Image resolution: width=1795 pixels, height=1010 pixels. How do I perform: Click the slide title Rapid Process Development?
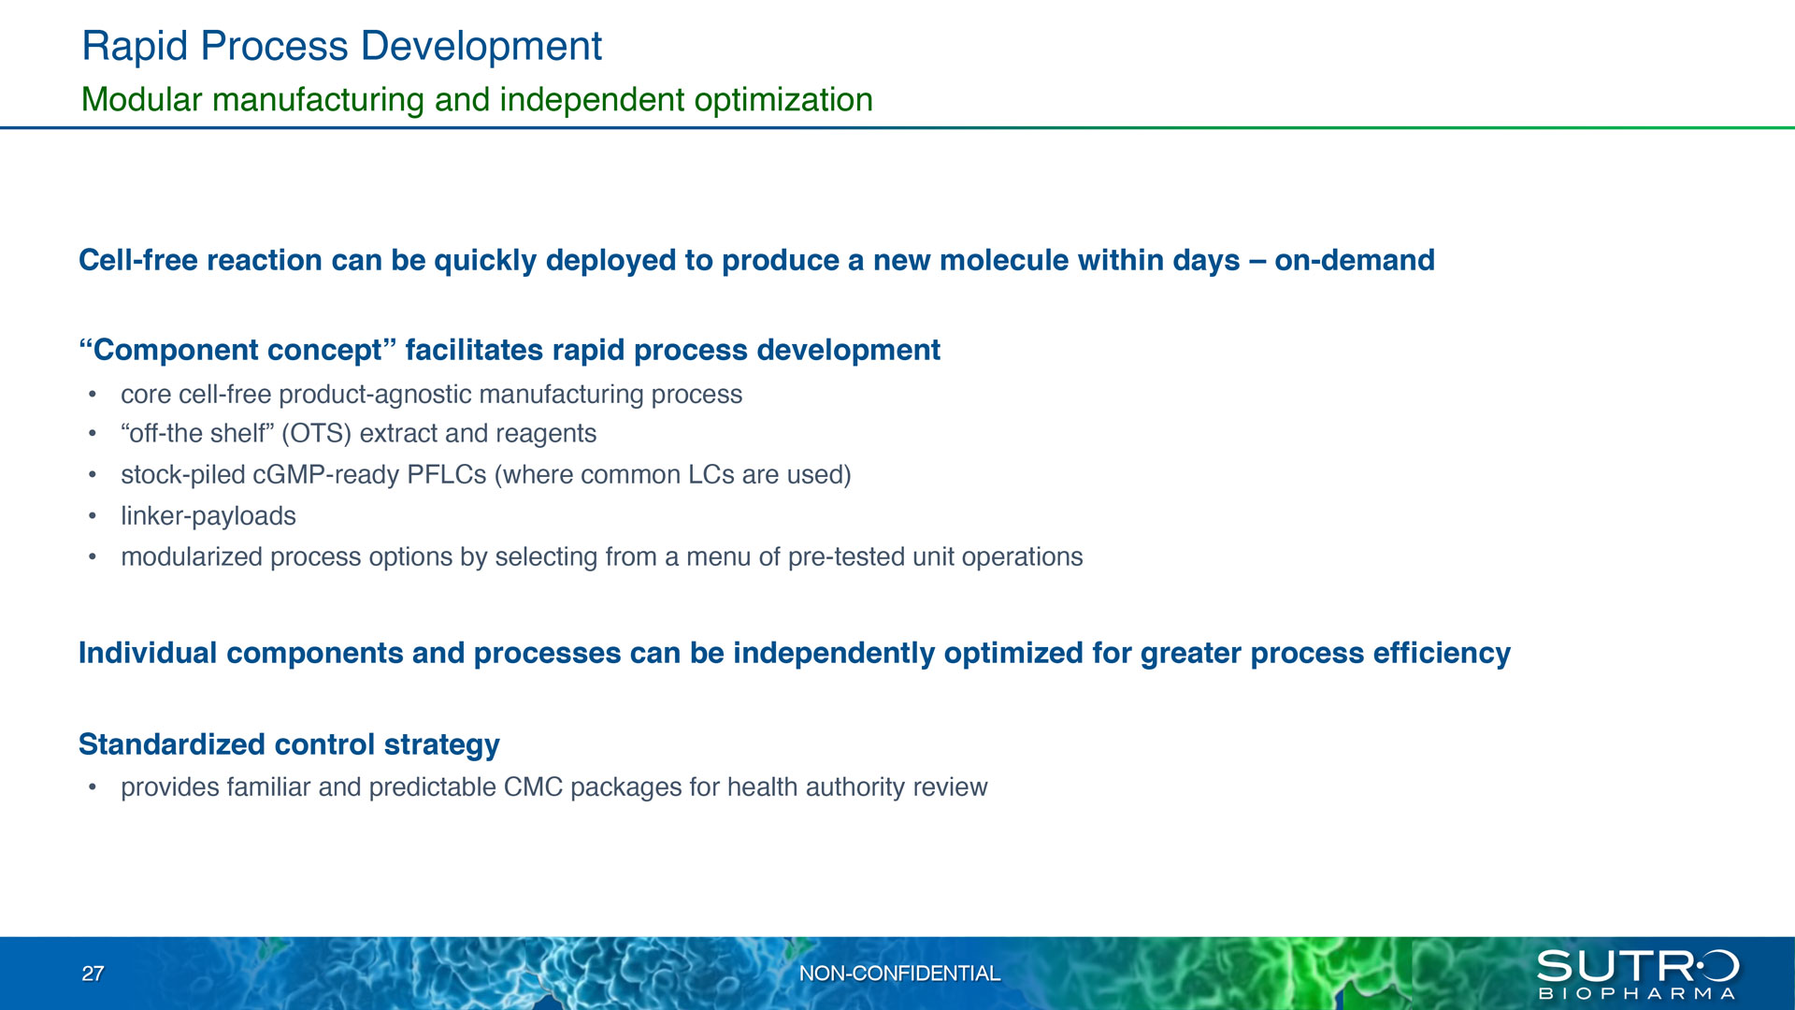(x=342, y=47)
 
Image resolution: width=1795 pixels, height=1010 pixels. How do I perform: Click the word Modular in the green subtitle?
(x=142, y=99)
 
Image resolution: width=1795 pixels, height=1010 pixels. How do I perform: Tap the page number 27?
(x=93, y=974)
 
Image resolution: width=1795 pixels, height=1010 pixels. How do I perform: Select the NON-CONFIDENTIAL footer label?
(x=899, y=974)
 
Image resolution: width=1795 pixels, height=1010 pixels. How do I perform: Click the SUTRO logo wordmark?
(x=1637, y=966)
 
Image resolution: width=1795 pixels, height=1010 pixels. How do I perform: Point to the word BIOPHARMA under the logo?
(x=1637, y=993)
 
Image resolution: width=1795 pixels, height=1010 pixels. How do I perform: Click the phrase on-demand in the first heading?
(x=1355, y=260)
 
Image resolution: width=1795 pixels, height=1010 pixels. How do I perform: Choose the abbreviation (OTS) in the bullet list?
(x=316, y=434)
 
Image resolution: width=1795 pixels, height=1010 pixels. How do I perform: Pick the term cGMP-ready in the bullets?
(x=326, y=475)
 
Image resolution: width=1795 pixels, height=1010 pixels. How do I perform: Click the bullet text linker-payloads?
(x=208, y=516)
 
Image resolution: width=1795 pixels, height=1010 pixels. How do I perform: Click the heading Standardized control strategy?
(x=289, y=744)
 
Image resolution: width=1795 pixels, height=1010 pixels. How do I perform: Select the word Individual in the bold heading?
(x=148, y=653)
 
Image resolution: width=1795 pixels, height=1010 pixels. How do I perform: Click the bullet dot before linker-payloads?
(x=93, y=516)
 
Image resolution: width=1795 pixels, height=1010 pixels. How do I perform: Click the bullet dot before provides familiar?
(x=93, y=787)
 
